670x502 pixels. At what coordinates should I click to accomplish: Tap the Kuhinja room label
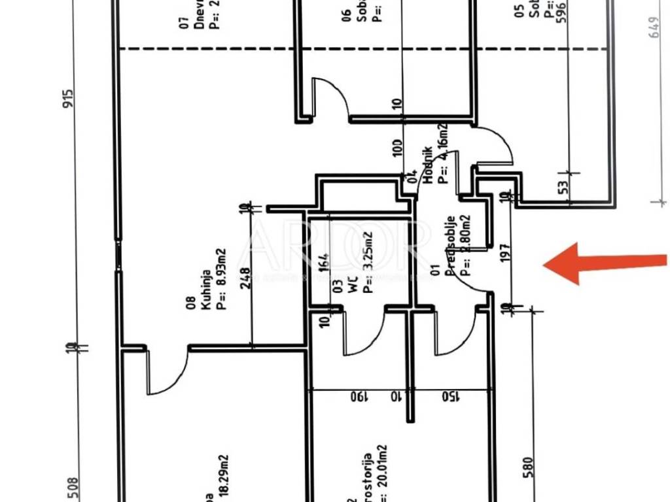coord(205,283)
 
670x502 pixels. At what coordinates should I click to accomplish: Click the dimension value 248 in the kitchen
coord(246,278)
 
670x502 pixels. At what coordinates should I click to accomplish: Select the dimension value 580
coord(529,468)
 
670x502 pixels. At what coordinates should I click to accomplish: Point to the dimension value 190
coord(357,397)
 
